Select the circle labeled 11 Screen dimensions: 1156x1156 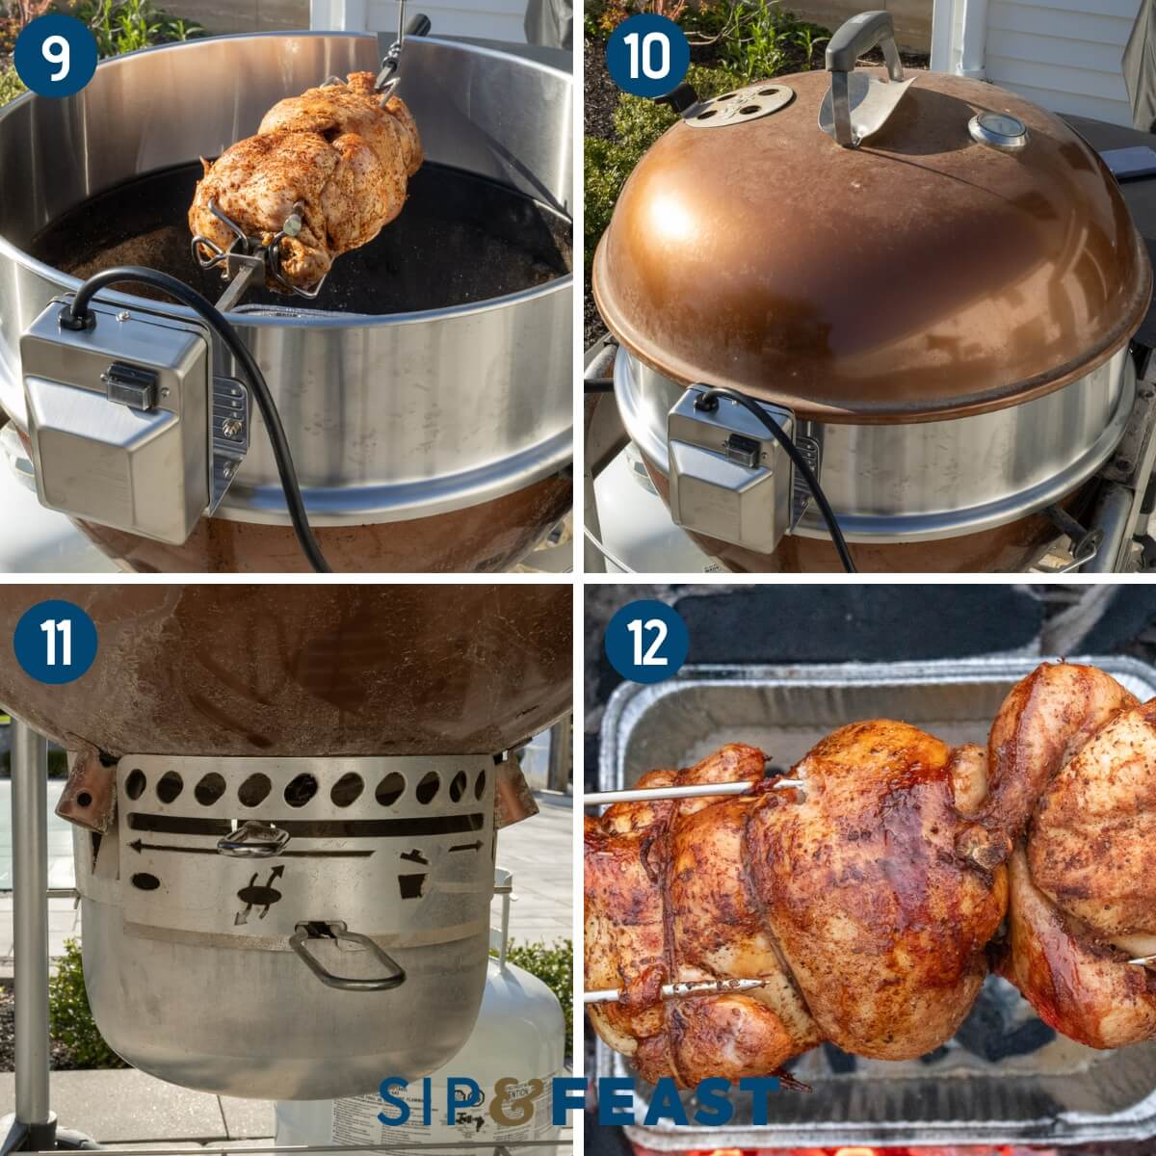[x=56, y=642]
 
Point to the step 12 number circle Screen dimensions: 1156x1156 [x=646, y=642]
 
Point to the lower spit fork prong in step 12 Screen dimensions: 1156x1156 [x=674, y=990]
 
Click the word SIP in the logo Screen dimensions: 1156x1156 [x=429, y=1100]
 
